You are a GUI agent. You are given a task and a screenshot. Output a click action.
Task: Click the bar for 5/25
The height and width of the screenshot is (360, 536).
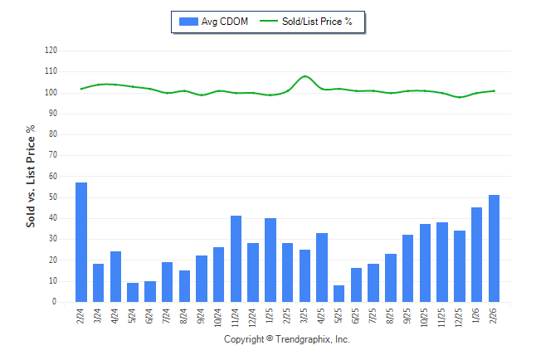click(x=339, y=294)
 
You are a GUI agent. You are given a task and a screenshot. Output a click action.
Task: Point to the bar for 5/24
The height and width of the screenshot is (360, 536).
click(x=133, y=292)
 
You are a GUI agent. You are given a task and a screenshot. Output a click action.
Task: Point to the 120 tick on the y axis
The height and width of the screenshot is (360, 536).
click(x=51, y=51)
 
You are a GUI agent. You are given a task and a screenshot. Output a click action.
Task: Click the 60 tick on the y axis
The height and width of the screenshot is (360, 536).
click(x=52, y=177)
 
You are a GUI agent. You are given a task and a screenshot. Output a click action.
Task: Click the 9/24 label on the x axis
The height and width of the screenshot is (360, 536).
click(x=202, y=316)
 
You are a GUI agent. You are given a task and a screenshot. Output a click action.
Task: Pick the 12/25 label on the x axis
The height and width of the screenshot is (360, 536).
click(x=460, y=318)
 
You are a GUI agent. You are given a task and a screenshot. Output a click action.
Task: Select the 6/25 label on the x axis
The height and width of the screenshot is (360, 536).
click(x=357, y=316)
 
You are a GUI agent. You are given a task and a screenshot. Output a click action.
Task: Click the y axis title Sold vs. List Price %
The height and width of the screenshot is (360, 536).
click(x=31, y=176)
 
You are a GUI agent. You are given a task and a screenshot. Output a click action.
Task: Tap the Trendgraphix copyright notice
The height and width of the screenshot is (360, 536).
click(x=287, y=339)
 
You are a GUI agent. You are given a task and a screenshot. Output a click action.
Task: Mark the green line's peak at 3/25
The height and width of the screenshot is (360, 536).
click(x=305, y=76)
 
